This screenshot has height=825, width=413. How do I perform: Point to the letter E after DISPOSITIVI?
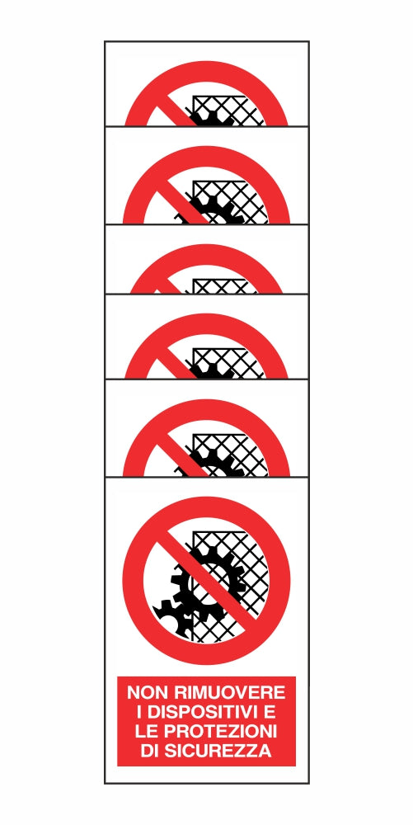269,712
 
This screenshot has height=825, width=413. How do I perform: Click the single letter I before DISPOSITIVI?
139,712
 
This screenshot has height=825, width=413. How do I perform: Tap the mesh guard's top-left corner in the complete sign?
193,531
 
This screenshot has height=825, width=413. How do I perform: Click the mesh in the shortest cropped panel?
225,286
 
